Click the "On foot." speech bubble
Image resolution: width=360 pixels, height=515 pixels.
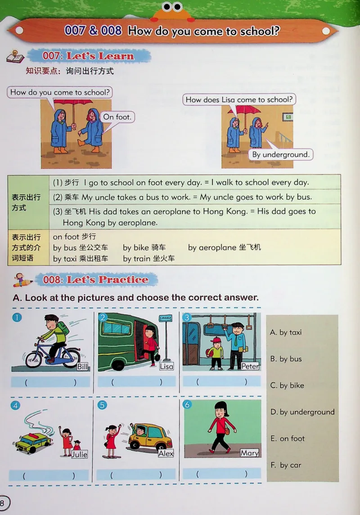point(117,117)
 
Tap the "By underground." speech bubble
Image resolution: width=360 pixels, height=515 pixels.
point(281,155)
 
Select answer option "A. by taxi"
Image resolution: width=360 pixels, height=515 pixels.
point(286,332)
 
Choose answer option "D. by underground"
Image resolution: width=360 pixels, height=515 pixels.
point(302,412)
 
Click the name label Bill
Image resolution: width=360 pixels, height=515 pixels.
point(83,367)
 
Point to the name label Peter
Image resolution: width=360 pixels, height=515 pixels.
point(250,366)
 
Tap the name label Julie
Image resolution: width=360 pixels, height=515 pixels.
point(79,454)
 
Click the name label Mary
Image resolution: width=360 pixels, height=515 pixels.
point(249,453)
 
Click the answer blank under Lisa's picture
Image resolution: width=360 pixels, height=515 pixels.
point(137,382)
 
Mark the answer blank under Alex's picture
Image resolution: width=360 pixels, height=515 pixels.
point(136,475)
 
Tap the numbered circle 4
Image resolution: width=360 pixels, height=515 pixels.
point(16,405)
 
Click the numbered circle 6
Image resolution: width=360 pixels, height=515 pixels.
point(187,405)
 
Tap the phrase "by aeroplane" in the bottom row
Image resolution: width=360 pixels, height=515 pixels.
point(212,247)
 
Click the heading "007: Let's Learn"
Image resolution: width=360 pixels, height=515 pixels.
point(88,56)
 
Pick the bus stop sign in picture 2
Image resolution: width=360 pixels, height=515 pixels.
point(165,318)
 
